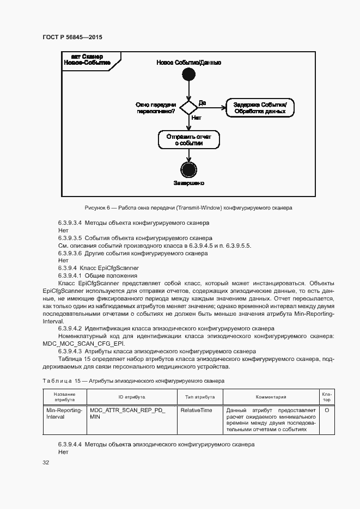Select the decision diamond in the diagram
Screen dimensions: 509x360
tap(188, 107)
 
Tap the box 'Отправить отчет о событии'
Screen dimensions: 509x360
tap(188, 139)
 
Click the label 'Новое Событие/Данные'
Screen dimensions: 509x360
tap(188, 63)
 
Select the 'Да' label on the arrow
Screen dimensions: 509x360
tap(202, 102)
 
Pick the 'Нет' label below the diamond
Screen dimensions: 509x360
tap(197, 118)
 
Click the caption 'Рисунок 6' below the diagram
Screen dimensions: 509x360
tap(188, 207)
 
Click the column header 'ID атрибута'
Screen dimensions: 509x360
tap(132, 397)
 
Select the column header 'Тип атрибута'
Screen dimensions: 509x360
tap(200, 397)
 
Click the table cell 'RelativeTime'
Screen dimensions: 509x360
tap(197, 410)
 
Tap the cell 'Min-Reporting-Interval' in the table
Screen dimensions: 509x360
tap(64, 413)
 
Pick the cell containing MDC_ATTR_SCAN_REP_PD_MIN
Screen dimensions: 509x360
tap(127, 413)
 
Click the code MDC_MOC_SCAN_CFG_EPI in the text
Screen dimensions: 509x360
tap(83, 344)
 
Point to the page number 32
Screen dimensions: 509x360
tap(46, 462)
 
